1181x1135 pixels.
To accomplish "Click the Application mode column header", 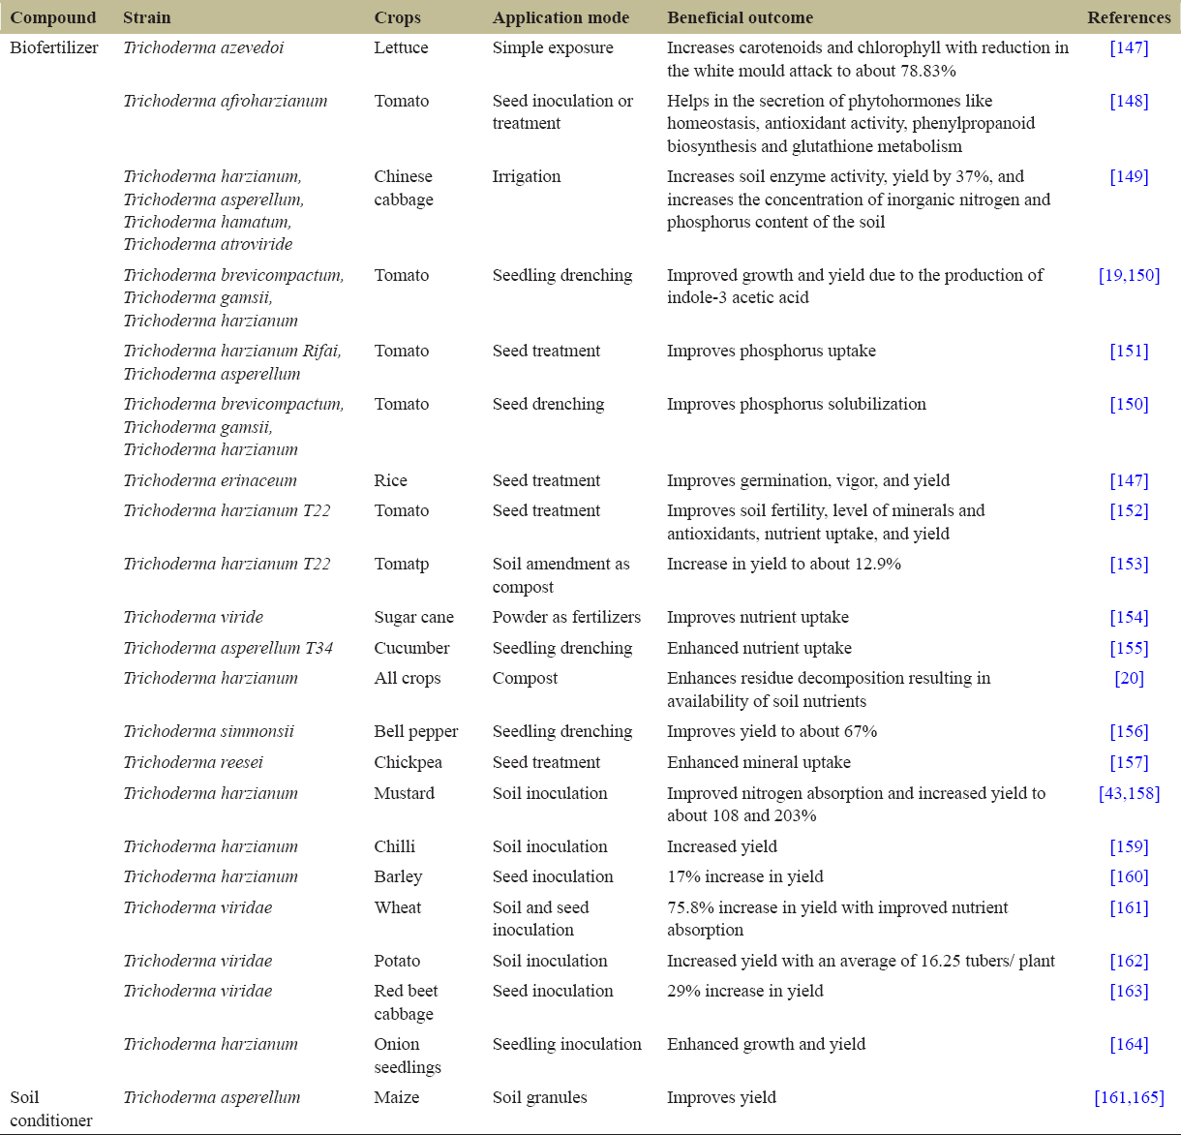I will tap(560, 17).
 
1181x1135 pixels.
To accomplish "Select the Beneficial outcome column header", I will tap(740, 17).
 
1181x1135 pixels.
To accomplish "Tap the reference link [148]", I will tap(1129, 101).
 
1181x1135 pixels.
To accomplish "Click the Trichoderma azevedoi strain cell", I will tap(203, 47).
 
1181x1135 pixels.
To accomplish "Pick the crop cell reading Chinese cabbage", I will tap(404, 188).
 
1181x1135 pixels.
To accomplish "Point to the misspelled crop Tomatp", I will tap(402, 564).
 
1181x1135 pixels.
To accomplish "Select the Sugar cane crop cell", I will tap(413, 617).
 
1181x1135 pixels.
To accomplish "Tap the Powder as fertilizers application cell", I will tap(566, 617).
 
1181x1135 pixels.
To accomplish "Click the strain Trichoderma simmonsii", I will tap(208, 731).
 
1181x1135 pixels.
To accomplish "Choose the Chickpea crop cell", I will tap(408, 762).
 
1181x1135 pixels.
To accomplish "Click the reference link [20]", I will tap(1129, 678).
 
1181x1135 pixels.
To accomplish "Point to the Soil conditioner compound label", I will tap(51, 1109).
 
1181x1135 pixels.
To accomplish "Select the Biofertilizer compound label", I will tap(54, 47).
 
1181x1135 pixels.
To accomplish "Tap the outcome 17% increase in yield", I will tap(744, 876).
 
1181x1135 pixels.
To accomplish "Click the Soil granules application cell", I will tap(539, 1097).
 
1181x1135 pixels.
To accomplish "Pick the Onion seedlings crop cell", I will tap(408, 1056).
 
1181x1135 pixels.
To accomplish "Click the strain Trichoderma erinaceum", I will tap(210, 480).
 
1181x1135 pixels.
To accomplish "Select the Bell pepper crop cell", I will tap(416, 731).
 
